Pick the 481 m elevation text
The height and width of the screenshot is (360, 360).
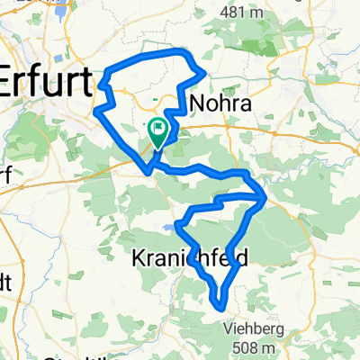point(244,11)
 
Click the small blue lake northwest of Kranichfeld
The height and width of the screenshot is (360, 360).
point(174,228)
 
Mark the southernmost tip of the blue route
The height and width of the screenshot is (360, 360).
point(220,307)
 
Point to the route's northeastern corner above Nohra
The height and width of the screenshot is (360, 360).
point(205,72)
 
